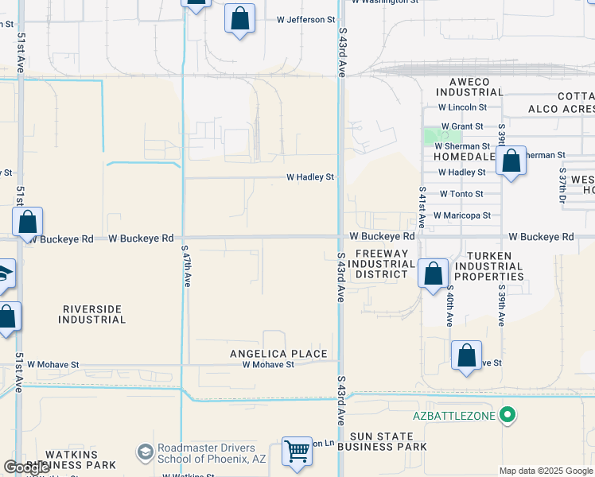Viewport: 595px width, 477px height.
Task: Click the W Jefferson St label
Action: pos(305,20)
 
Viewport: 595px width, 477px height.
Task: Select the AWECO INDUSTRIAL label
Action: pos(470,86)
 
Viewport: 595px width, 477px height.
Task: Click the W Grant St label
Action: pos(461,126)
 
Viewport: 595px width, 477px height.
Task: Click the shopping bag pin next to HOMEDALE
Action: pos(511,162)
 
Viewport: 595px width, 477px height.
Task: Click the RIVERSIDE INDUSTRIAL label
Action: pos(91,314)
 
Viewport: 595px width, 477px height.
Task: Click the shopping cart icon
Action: pos(297,451)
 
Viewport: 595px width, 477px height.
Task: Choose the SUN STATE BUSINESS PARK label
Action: pos(381,441)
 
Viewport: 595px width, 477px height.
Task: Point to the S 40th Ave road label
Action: pos(449,306)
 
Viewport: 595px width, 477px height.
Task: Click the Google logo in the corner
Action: pos(26,467)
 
